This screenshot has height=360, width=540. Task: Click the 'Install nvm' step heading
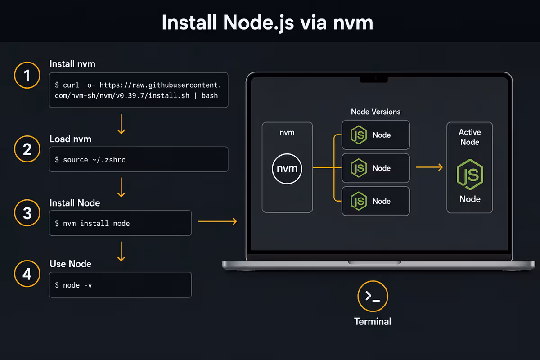pos(72,64)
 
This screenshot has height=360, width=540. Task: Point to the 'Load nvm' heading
pos(70,139)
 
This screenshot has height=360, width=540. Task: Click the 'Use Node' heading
pos(70,264)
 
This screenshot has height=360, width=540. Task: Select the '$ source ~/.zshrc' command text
pos(90,160)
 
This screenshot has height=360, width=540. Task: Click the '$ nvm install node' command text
pos(92,223)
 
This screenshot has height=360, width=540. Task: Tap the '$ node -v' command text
pos(73,285)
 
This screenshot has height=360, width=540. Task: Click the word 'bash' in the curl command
pos(210,96)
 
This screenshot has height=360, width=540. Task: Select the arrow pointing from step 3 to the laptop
pos(217,221)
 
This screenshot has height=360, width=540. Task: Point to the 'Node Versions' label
pos(376,112)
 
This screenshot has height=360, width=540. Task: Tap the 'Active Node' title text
pos(470,137)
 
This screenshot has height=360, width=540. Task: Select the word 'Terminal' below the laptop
pos(373,321)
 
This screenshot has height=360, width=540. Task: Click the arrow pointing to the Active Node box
pos(429,167)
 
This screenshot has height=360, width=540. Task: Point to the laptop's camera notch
pos(374,80)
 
